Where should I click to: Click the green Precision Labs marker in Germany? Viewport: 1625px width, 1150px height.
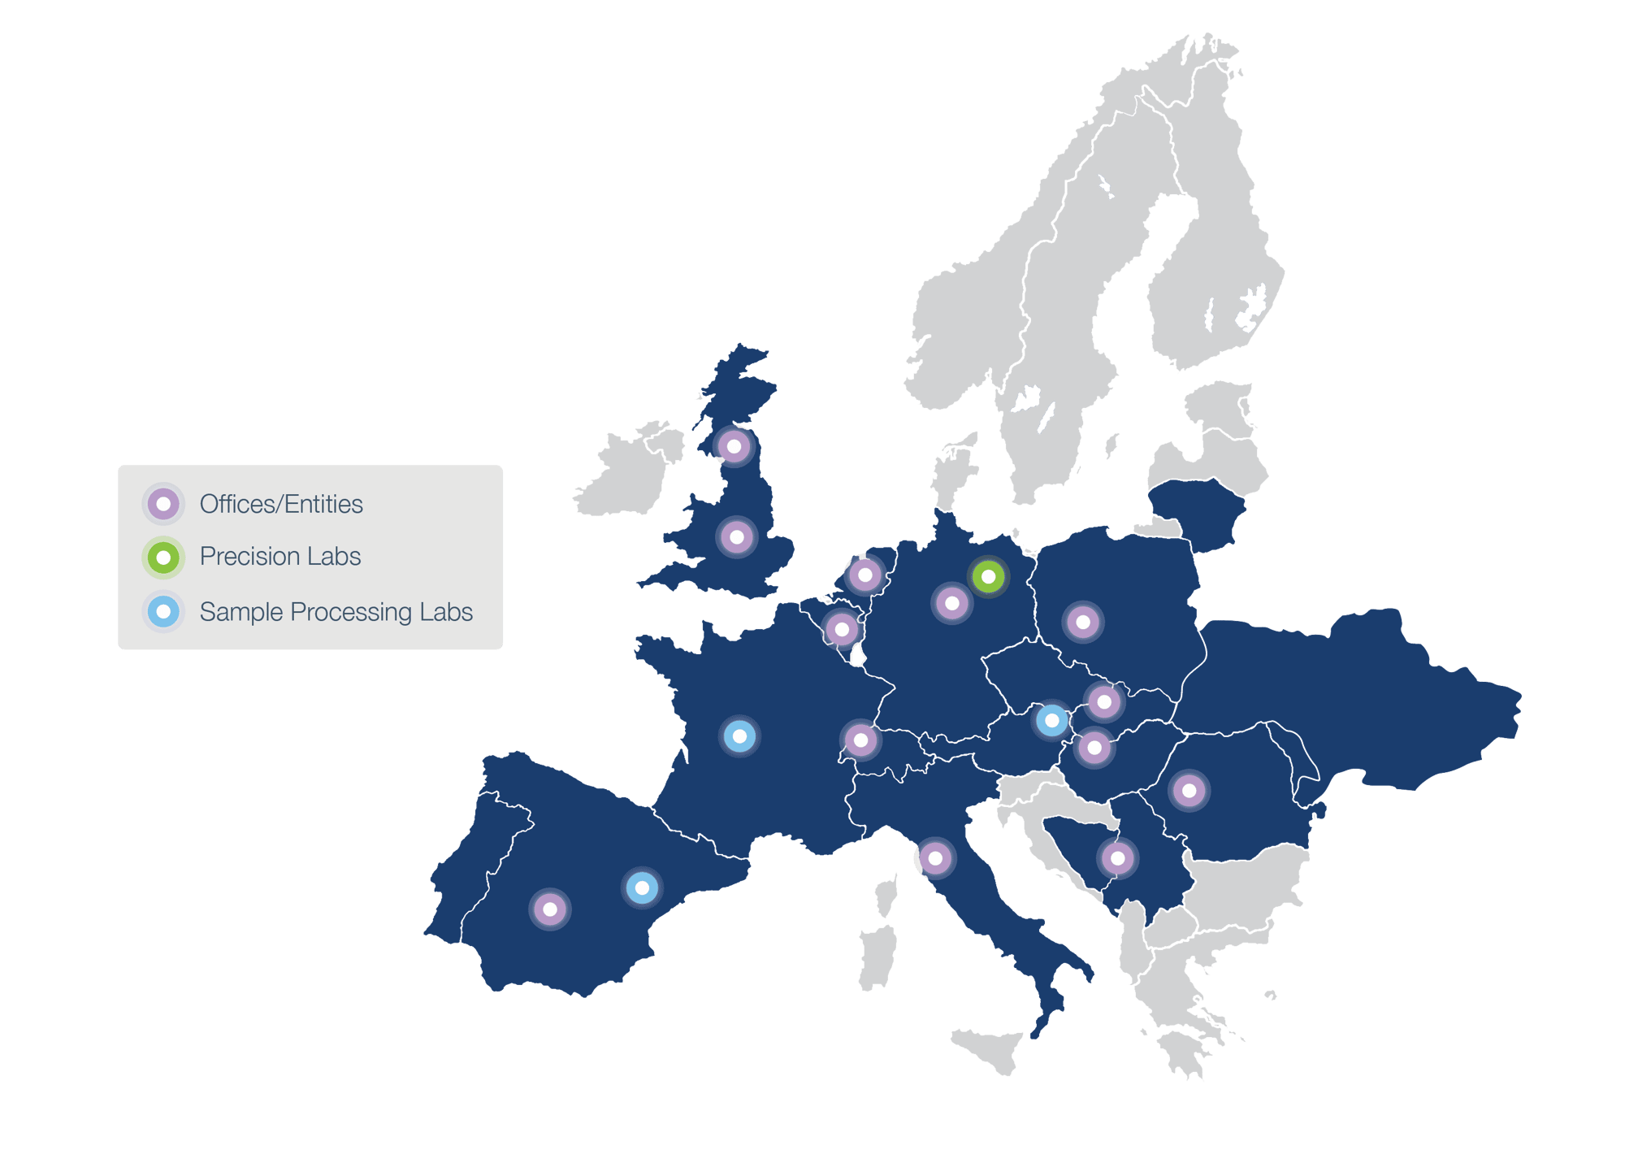coord(988,577)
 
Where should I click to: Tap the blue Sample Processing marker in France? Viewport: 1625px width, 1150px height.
coord(739,736)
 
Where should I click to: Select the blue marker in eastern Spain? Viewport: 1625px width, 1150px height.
coord(642,887)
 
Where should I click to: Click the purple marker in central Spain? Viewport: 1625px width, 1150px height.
coord(550,909)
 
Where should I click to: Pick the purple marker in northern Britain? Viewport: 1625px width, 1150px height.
coord(734,446)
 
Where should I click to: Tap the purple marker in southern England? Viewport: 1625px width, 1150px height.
coord(737,537)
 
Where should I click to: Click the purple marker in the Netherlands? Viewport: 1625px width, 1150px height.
coord(865,575)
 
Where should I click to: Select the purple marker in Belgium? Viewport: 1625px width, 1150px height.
coord(842,629)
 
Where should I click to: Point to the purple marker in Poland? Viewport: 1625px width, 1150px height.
coord(1082,623)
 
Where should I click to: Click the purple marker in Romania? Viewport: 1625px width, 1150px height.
coord(1189,790)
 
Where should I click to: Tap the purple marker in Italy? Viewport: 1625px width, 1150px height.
coord(935,858)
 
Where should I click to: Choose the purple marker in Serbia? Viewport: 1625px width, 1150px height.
coord(1117,858)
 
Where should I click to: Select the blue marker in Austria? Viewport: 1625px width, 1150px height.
coord(1051,720)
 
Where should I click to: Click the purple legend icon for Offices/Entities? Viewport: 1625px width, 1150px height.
coord(163,504)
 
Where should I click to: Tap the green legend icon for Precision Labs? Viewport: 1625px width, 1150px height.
coord(163,558)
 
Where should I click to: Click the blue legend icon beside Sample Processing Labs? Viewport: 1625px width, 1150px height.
coord(163,611)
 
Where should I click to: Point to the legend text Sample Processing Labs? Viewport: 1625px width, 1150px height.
coord(336,612)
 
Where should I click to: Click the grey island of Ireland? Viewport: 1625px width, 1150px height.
coord(626,475)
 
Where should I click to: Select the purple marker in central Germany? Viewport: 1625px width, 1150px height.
coord(951,603)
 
